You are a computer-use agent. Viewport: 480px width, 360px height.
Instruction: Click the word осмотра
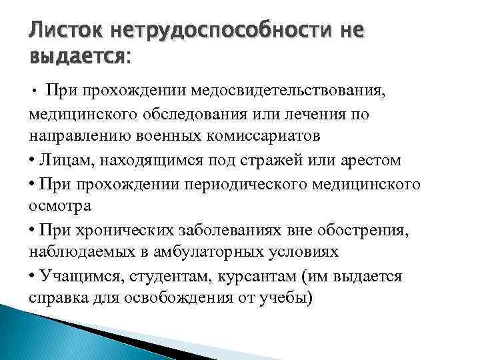[59, 205]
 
